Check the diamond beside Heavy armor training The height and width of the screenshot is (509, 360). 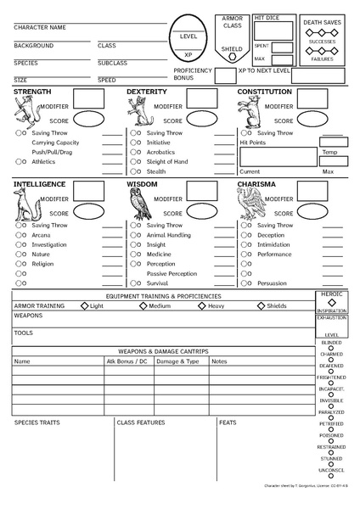[x=201, y=305]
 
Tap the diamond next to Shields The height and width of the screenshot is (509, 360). [x=260, y=305]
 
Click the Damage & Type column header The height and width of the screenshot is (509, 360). [x=178, y=361]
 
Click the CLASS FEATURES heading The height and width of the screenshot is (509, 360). [x=141, y=422]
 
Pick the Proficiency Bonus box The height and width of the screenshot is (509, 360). [x=224, y=76]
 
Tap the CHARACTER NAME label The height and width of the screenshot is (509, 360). [x=40, y=27]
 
